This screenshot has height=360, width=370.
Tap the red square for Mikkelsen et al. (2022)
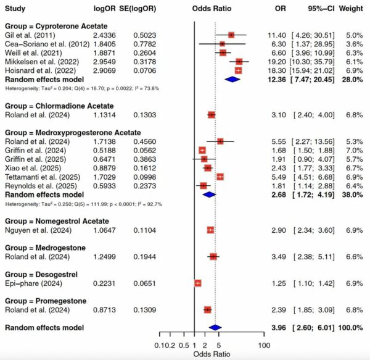(239, 62)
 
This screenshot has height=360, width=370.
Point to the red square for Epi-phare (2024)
(198, 283)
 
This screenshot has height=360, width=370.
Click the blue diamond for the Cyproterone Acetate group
(232, 79)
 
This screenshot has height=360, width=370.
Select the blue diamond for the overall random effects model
(215, 327)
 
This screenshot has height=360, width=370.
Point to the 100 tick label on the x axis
(265, 345)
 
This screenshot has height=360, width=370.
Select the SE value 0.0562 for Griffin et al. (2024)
(146, 150)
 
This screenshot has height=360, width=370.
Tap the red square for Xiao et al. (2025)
(208, 167)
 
